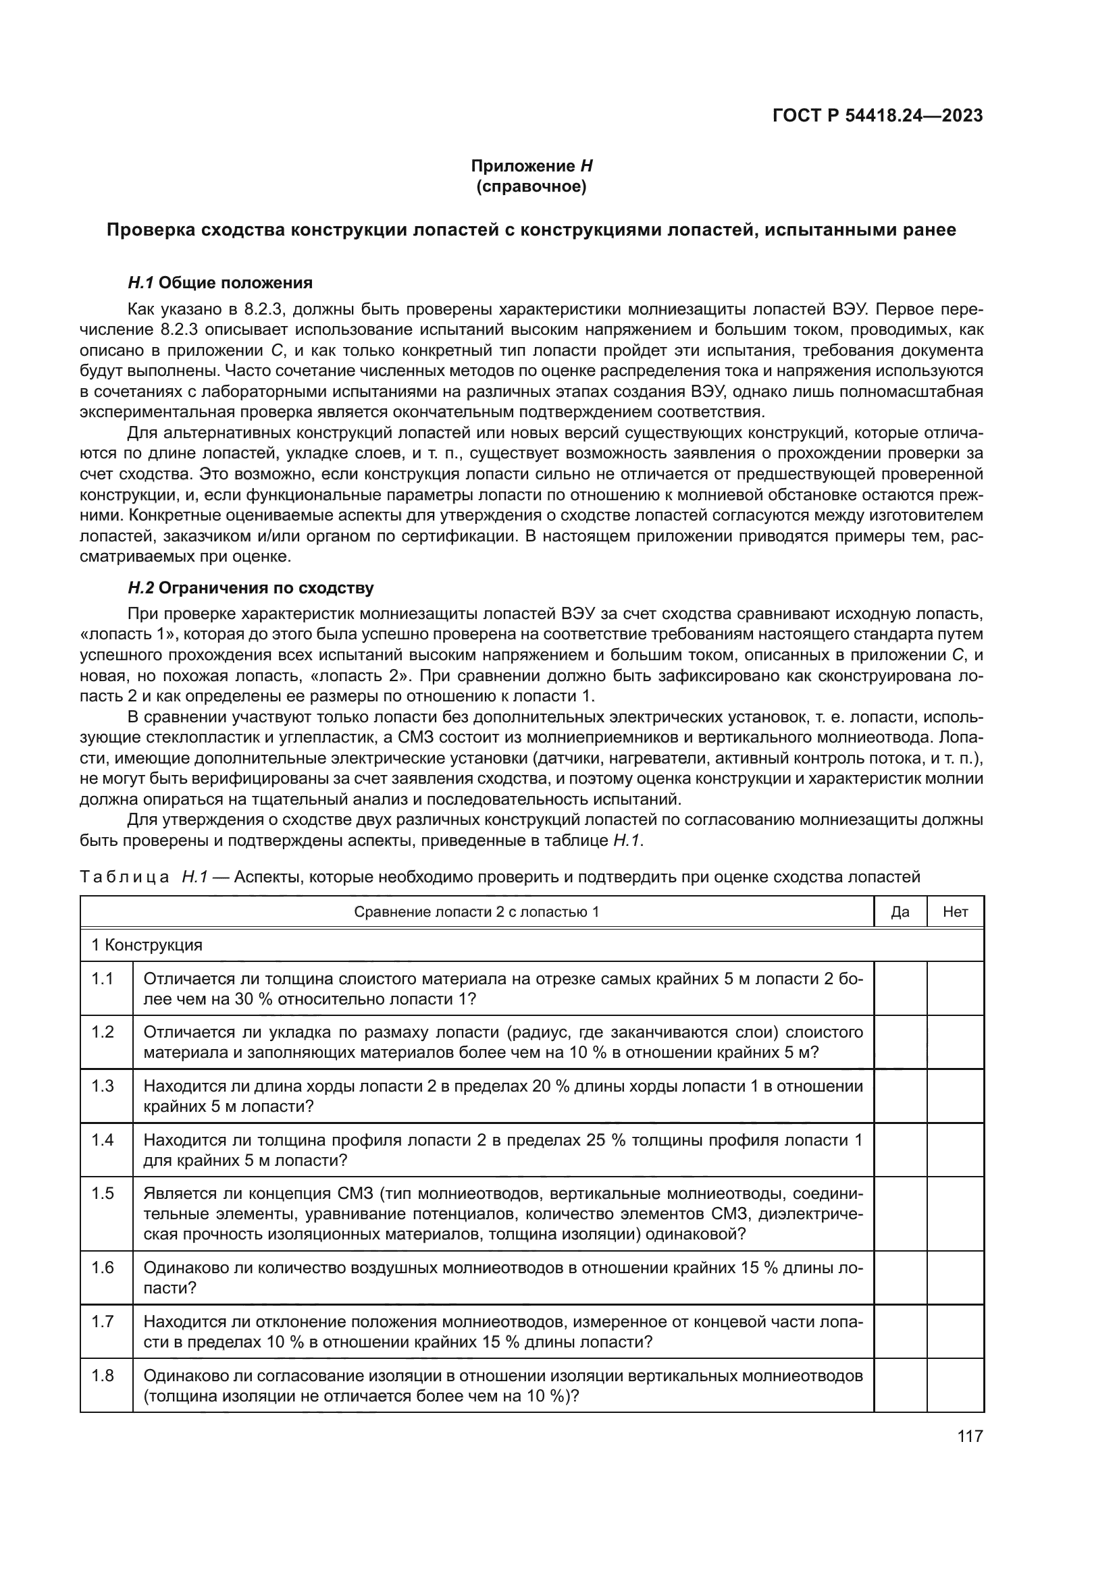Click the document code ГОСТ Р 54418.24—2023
tap(877, 115)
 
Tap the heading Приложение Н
tap(531, 166)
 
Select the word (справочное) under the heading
tap(531, 186)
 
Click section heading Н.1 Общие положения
tap(220, 283)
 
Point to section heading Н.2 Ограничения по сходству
tap(251, 588)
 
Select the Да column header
tap(900, 912)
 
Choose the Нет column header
tap(956, 912)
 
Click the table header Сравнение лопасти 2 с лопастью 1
tap(476, 912)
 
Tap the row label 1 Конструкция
tap(147, 945)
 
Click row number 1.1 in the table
tap(103, 979)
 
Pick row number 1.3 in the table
tap(103, 1086)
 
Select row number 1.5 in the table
tap(103, 1193)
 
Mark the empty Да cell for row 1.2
tap(900, 1042)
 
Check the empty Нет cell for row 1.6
tap(956, 1277)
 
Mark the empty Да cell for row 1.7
tap(900, 1331)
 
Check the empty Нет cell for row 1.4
tap(956, 1149)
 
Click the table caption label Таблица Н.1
tap(144, 877)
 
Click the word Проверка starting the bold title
tap(149, 230)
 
